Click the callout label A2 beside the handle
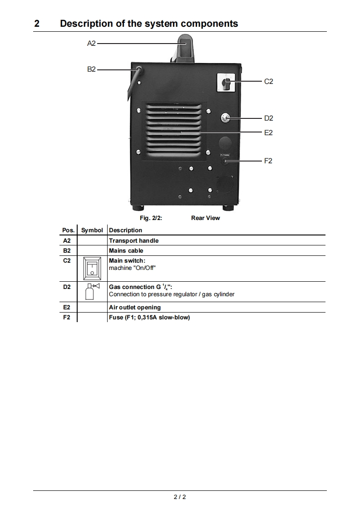[x=91, y=44]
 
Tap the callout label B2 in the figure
[x=91, y=69]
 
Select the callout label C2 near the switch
[x=268, y=82]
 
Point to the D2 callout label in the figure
[x=268, y=118]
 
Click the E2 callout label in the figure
[x=268, y=132]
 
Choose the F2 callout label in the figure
[x=268, y=161]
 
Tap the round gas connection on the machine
[x=225, y=118]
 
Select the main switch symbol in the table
[x=92, y=268]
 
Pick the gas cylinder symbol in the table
[x=92, y=291]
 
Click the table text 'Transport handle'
[x=133, y=240]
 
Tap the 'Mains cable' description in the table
[x=126, y=250]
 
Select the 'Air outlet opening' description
[x=134, y=308]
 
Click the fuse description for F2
[x=149, y=317]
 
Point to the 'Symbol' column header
[x=92, y=230]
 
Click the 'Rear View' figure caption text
[x=205, y=218]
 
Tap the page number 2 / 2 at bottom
[x=180, y=497]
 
